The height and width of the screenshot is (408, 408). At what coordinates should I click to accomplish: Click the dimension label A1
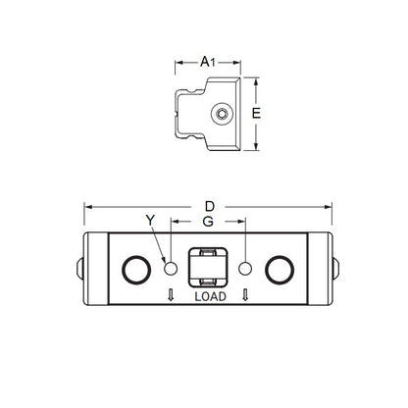208,61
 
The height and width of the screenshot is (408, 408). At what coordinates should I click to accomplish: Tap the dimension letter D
208,207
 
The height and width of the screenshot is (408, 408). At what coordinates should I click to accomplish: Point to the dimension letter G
207,223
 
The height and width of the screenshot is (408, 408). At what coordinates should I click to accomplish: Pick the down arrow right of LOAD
243,296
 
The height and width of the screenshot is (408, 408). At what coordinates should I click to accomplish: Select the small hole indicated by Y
169,267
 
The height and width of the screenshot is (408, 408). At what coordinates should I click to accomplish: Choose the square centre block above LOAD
207,266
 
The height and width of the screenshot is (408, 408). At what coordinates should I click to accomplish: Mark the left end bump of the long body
77,266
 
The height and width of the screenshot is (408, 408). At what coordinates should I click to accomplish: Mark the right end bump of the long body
336,266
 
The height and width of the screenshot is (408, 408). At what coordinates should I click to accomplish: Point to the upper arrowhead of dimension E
257,82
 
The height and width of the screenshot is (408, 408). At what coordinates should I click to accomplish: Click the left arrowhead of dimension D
86,207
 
